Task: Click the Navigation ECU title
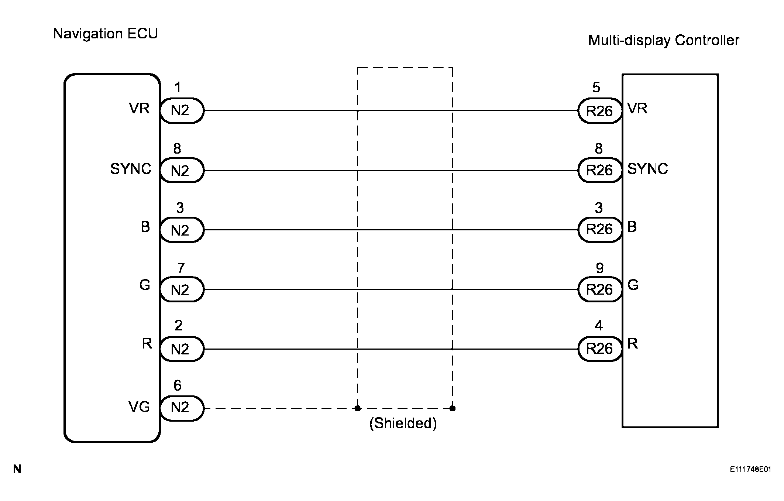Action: click(x=106, y=34)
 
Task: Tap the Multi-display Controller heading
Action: click(x=663, y=40)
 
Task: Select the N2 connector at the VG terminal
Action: click(x=181, y=408)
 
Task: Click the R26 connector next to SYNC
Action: click(x=599, y=170)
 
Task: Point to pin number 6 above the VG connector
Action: click(x=178, y=386)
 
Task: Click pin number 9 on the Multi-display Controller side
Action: click(x=600, y=268)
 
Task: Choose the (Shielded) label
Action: click(x=403, y=423)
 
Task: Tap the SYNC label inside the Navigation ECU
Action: click(x=131, y=169)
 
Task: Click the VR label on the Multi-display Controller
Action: click(x=637, y=109)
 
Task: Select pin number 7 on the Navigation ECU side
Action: click(x=180, y=268)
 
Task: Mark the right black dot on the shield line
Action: click(x=453, y=408)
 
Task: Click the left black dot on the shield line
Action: click(x=357, y=408)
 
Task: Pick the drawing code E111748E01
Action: click(x=750, y=469)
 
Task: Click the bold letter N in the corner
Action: click(x=17, y=470)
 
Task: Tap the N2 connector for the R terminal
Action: click(x=181, y=349)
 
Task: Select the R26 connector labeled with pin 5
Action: click(x=599, y=111)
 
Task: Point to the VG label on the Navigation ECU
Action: click(x=139, y=407)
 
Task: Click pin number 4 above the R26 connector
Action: click(x=599, y=326)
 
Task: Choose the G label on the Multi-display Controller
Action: click(x=633, y=285)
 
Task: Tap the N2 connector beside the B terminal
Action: click(x=181, y=230)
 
